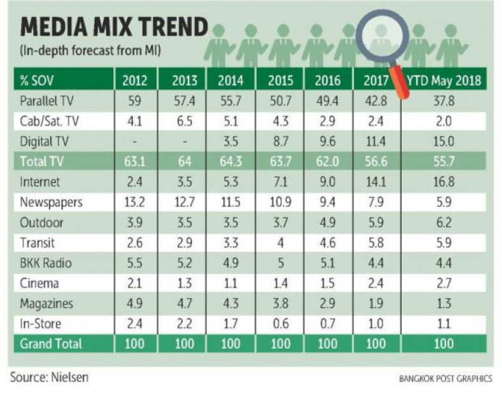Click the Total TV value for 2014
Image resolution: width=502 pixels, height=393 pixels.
pos(230,161)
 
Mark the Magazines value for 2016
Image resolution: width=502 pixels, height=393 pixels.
pos(328,303)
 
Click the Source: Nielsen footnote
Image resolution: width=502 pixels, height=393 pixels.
pos(50,376)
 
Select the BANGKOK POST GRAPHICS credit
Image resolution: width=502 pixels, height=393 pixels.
pos(445,378)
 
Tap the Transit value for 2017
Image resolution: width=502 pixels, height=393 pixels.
pos(376,242)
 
